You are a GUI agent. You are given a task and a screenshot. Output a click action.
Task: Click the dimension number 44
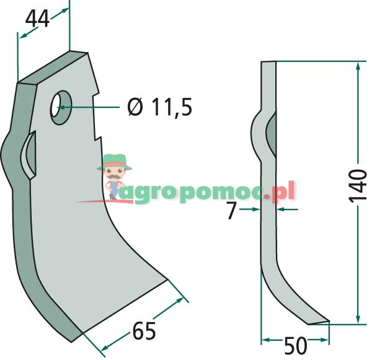click(x=37, y=19)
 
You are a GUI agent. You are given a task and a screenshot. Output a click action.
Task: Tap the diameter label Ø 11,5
click(x=160, y=107)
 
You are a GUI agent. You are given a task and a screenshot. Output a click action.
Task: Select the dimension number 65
click(x=144, y=331)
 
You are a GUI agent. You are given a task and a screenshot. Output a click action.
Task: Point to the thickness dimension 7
click(x=231, y=210)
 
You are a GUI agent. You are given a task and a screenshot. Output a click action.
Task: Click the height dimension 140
click(x=358, y=186)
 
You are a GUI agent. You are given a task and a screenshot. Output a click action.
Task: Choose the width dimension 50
click(x=295, y=346)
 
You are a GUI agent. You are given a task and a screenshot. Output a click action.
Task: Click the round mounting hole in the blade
click(x=61, y=107)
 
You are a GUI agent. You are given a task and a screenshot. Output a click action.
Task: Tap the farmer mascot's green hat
click(x=115, y=162)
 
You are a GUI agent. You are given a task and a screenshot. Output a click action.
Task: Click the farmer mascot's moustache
click(x=114, y=177)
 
